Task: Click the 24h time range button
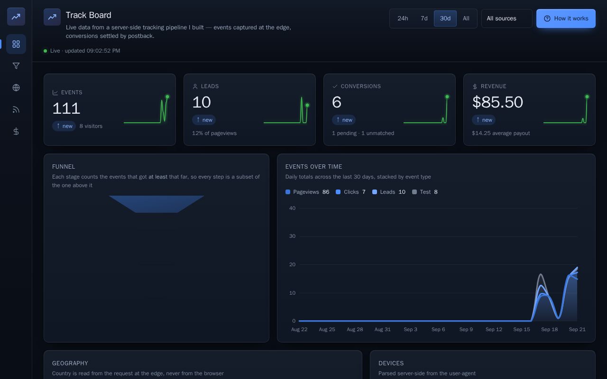(x=403, y=18)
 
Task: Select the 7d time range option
(x=424, y=18)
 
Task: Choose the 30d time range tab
(x=445, y=18)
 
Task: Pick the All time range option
(x=466, y=18)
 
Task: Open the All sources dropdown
(x=507, y=18)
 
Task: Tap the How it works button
(x=566, y=18)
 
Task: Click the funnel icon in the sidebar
(x=16, y=66)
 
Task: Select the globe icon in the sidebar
(x=16, y=88)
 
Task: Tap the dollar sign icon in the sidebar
(x=16, y=131)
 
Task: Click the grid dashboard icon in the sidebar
(x=16, y=44)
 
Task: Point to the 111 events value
(x=66, y=108)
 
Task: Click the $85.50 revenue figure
(x=497, y=102)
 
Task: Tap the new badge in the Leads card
(x=204, y=120)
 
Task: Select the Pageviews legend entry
(x=307, y=192)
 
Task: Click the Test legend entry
(x=424, y=192)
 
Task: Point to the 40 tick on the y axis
(x=292, y=208)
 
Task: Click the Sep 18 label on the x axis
(x=549, y=329)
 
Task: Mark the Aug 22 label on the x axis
(x=299, y=329)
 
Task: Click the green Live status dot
(x=45, y=51)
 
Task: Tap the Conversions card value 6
(x=337, y=102)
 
